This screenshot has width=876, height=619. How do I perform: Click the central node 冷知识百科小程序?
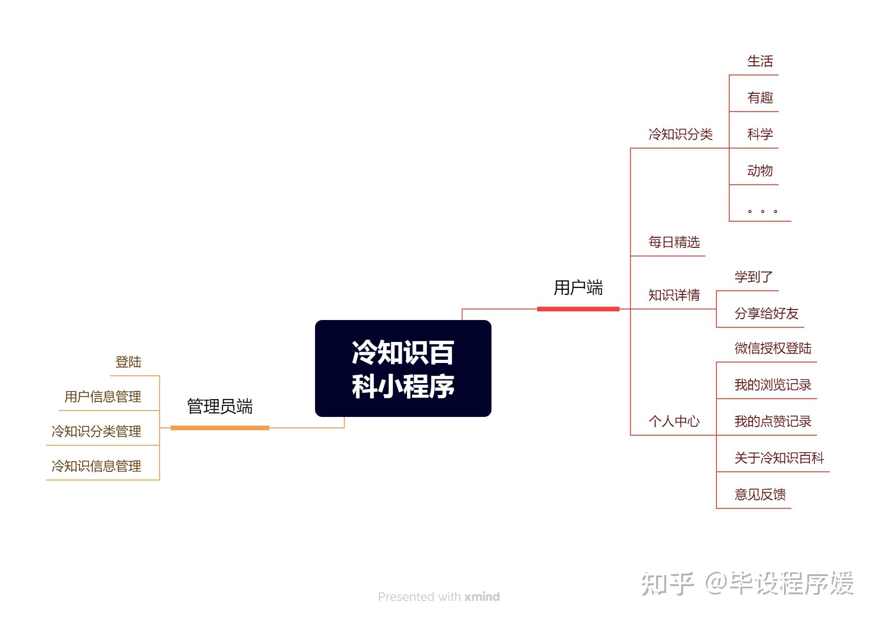[x=403, y=368]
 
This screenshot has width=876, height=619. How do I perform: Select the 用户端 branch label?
[x=578, y=288]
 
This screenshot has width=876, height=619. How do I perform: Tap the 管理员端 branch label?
[x=219, y=406]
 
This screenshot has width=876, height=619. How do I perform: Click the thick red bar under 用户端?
[x=578, y=309]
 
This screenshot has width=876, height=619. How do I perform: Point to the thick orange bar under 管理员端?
[x=219, y=428]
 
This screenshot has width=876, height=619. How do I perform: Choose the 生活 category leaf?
[x=760, y=61]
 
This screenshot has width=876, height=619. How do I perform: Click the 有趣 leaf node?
[x=760, y=98]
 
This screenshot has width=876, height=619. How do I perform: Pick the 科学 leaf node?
[x=760, y=134]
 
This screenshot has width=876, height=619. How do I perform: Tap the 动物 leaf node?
[x=760, y=171]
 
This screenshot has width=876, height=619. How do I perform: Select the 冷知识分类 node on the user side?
[x=680, y=134]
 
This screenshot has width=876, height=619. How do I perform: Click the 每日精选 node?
[x=674, y=242]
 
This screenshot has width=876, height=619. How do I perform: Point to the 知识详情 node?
[x=674, y=295]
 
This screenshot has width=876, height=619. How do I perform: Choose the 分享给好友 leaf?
[x=766, y=314]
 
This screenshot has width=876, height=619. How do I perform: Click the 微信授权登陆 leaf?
[x=773, y=348]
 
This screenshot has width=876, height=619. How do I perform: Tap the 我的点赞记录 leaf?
[x=773, y=422]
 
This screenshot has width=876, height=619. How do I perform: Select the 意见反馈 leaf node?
[x=760, y=495]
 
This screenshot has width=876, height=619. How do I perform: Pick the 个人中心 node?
[x=674, y=422]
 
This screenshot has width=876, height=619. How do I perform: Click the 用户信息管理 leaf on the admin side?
[x=103, y=397]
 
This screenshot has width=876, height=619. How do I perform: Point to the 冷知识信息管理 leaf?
[x=96, y=466]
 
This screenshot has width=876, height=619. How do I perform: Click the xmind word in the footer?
[x=482, y=597]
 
